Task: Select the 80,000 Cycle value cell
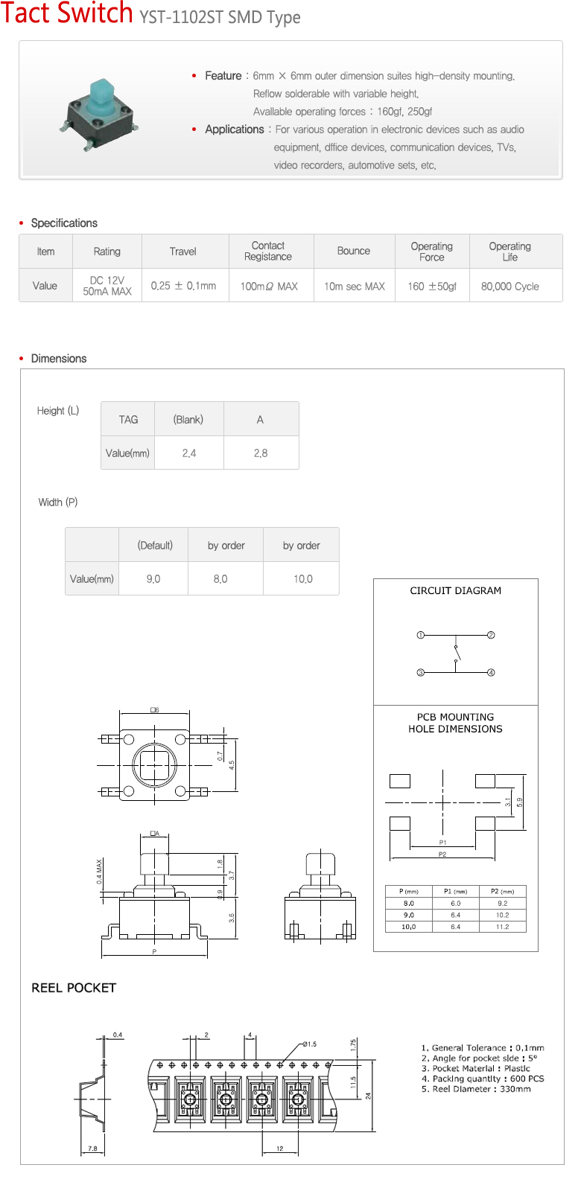[x=509, y=286]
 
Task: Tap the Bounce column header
[x=353, y=251]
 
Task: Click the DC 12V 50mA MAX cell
[x=107, y=286]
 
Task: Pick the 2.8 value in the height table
[x=260, y=453]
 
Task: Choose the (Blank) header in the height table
[x=188, y=419]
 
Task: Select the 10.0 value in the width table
[x=302, y=578]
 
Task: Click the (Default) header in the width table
[x=155, y=545]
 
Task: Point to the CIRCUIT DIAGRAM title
[x=455, y=590]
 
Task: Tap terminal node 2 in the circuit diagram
[x=491, y=635]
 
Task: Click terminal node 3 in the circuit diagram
[x=420, y=672]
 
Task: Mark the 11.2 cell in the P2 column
[x=502, y=927]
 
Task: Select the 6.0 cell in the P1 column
[x=455, y=903]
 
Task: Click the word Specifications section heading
[x=64, y=223]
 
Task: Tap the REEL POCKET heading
[x=74, y=988]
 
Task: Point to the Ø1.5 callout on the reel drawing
[x=309, y=1044]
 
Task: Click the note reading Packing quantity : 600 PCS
[x=483, y=1079]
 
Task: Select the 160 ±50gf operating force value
[x=432, y=286]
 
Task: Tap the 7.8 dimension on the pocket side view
[x=92, y=1149]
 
